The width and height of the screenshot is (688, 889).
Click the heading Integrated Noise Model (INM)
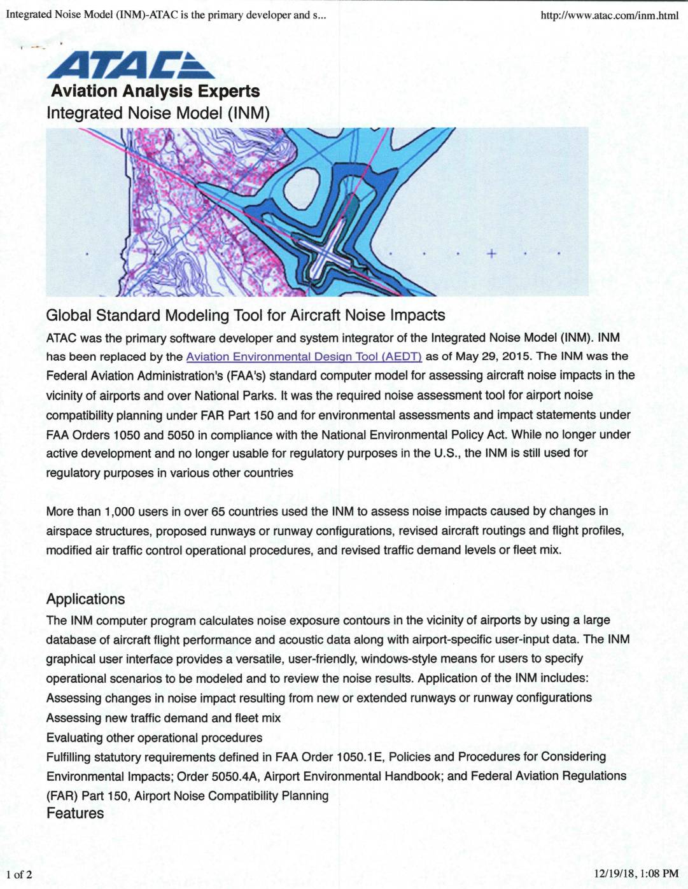pyautogui.click(x=158, y=113)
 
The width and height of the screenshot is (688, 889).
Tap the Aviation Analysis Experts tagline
pyautogui.click(x=155, y=91)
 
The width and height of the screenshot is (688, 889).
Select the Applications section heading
pyautogui.click(x=85, y=599)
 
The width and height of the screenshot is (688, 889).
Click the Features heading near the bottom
pyautogui.click(x=75, y=813)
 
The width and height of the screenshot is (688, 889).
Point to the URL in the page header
pyautogui.click(x=609, y=15)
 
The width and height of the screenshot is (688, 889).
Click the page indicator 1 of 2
pyautogui.click(x=19, y=874)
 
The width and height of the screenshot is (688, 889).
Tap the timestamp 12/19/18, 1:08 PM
pyautogui.click(x=636, y=874)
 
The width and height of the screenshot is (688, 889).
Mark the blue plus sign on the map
pyautogui.click(x=491, y=253)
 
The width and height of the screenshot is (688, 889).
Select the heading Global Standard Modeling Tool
pyautogui.click(x=245, y=316)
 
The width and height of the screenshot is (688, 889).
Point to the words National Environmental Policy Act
pyautogui.click(x=414, y=435)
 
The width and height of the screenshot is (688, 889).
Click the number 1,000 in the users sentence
pyautogui.click(x=119, y=512)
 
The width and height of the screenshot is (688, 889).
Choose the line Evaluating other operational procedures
pyautogui.click(x=154, y=738)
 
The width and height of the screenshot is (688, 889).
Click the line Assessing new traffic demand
pyautogui.click(x=163, y=718)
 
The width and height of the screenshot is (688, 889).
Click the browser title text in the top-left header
pyautogui.click(x=165, y=15)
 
